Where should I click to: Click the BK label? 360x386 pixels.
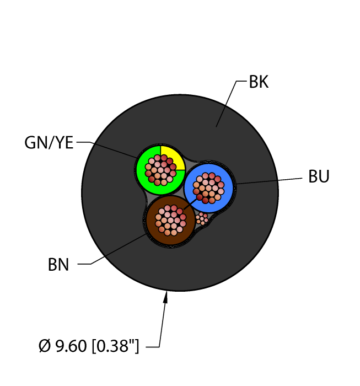tap(259, 83)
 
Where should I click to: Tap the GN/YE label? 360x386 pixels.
tap(49, 143)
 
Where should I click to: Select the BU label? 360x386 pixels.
tap(319, 177)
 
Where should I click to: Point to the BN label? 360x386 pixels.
tap(58, 265)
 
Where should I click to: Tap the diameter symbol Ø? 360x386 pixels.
tap(45, 347)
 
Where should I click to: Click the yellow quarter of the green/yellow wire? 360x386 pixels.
tap(170, 156)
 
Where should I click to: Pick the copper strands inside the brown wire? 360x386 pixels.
tap(171, 220)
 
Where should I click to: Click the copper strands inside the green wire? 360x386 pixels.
tap(160, 169)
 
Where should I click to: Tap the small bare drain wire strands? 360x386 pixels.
tap(202, 219)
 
